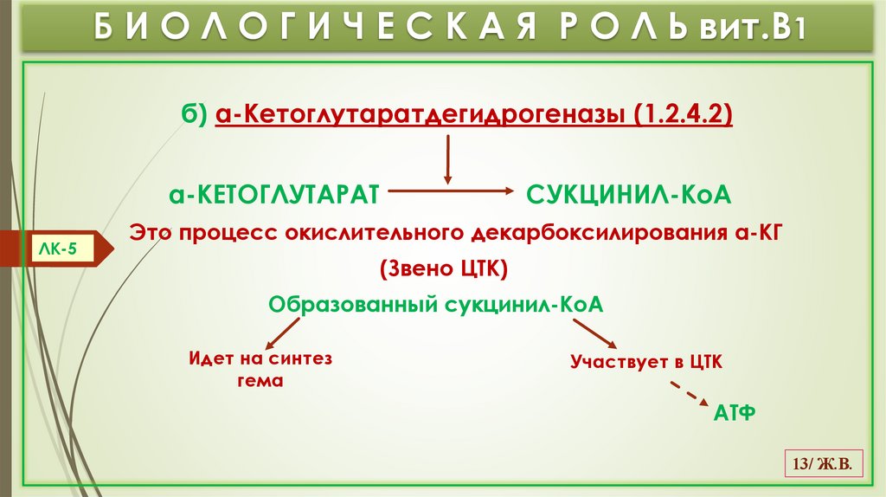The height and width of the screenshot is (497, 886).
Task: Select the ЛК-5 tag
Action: click(60, 248)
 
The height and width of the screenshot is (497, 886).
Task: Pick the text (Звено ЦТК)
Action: click(442, 269)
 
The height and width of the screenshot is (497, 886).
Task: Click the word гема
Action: click(260, 380)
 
